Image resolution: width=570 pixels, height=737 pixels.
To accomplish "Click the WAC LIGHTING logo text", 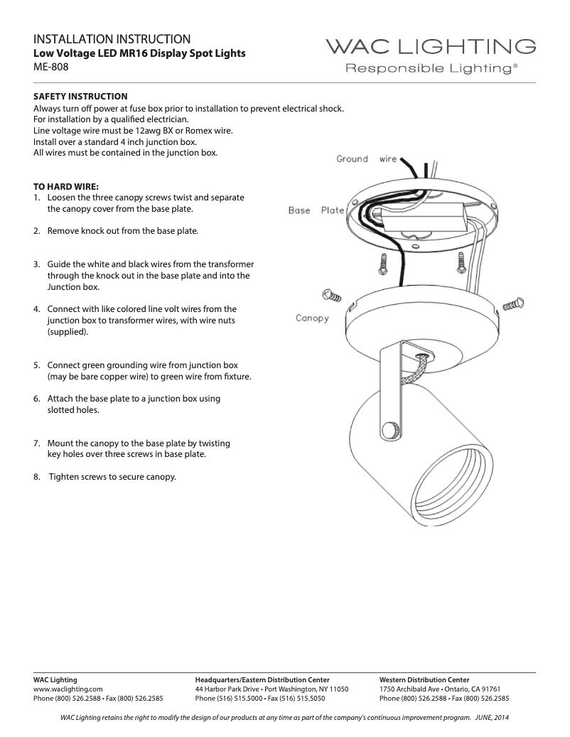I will [431, 47].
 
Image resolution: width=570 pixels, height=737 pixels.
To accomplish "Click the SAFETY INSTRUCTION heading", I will [80, 96].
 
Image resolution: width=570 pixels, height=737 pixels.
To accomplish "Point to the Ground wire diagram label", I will [366, 159].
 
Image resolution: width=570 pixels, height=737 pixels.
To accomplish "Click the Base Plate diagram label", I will [316, 210].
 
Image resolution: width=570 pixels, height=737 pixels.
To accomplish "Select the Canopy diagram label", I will [312, 318].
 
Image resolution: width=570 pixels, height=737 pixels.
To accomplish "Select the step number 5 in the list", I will [36, 365].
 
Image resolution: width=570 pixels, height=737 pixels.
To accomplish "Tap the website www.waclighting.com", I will [68, 689].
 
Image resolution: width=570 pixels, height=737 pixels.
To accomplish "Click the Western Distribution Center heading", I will [424, 679].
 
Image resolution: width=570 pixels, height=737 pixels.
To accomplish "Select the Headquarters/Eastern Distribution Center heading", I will [262, 679].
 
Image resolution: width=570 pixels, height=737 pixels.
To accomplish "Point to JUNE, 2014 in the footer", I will [492, 716].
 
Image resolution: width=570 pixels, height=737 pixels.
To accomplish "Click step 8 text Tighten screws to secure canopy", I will [112, 476].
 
